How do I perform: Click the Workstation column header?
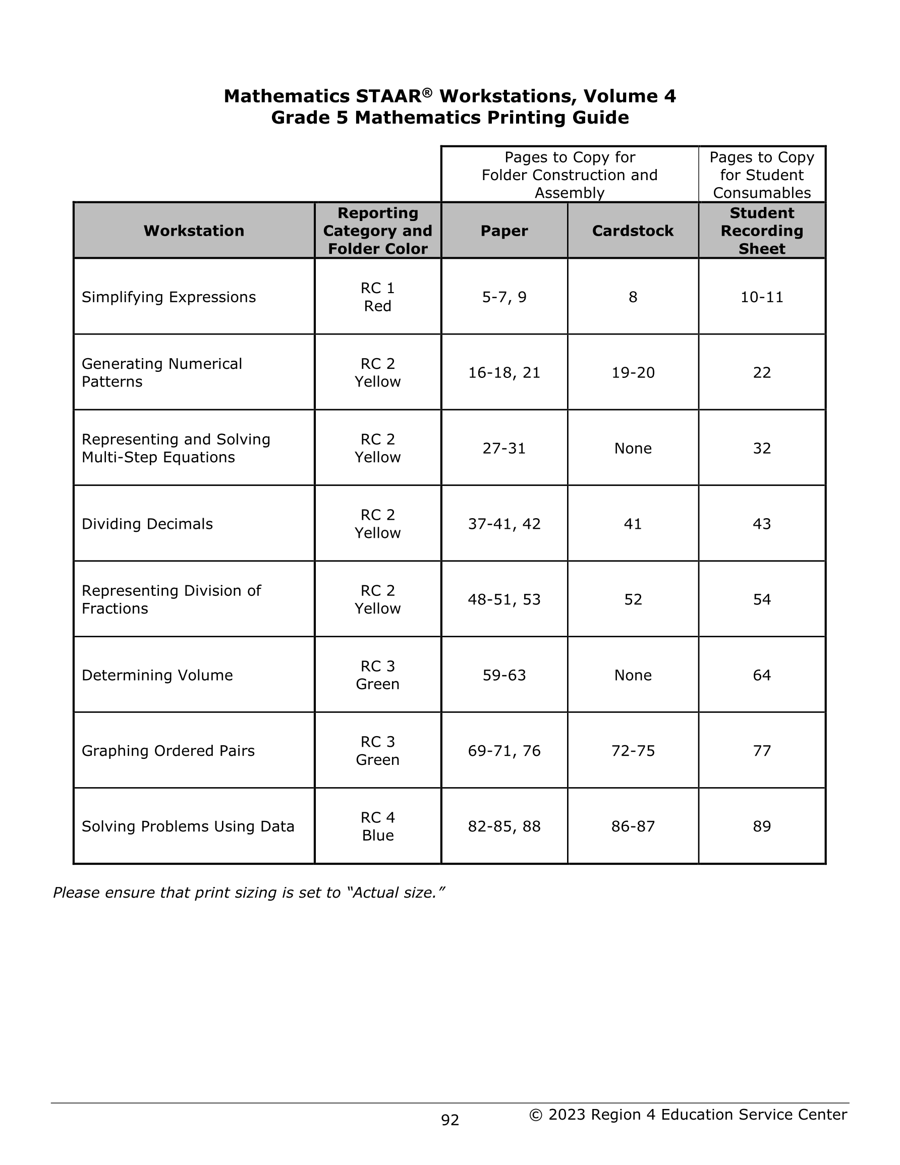pyautogui.click(x=194, y=231)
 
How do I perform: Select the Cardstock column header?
pyautogui.click(x=632, y=231)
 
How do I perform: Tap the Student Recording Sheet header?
pyautogui.click(x=761, y=231)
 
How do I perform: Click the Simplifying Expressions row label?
pyautogui.click(x=168, y=297)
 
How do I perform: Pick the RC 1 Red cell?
pyautogui.click(x=377, y=297)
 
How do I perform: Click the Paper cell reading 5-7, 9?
pyautogui.click(x=504, y=297)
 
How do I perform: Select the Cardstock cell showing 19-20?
pyautogui.click(x=633, y=372)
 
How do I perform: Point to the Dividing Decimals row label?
pyautogui.click(x=147, y=524)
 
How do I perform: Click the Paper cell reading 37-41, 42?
pyautogui.click(x=504, y=524)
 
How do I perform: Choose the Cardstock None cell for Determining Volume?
pyautogui.click(x=633, y=675)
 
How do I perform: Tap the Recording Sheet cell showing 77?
pyautogui.click(x=761, y=751)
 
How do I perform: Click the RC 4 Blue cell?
pyautogui.click(x=377, y=826)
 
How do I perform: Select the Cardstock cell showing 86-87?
pyautogui.click(x=633, y=826)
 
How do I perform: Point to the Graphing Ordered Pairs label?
pyautogui.click(x=168, y=751)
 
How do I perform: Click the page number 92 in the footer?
pyautogui.click(x=449, y=1120)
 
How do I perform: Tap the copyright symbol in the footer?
pyautogui.click(x=535, y=1115)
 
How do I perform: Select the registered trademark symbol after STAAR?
pyautogui.click(x=427, y=93)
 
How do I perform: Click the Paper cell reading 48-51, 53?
pyautogui.click(x=504, y=599)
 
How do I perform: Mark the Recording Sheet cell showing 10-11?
pyautogui.click(x=761, y=297)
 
